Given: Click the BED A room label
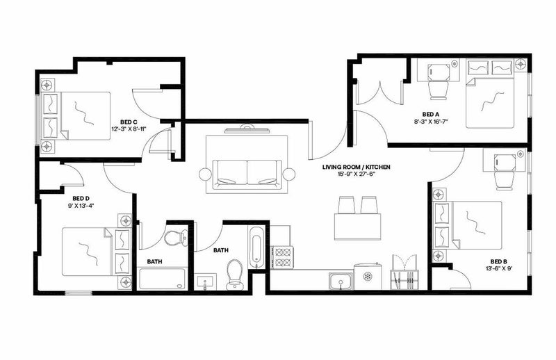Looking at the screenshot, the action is pyautogui.click(x=431, y=114).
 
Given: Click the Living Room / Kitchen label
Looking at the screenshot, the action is pyautogui.click(x=356, y=167).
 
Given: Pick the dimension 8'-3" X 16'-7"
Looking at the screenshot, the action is pyautogui.click(x=431, y=122).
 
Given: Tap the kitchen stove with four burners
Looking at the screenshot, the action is pyautogui.click(x=282, y=257).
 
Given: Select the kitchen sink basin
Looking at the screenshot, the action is pyautogui.click(x=341, y=281).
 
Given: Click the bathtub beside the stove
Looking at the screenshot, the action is pyautogui.click(x=256, y=248).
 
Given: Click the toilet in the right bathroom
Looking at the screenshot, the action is pyautogui.click(x=234, y=275).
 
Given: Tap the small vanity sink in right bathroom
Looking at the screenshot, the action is pyautogui.click(x=206, y=281).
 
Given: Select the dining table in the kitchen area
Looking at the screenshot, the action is pyautogui.click(x=357, y=227).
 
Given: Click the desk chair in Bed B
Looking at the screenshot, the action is pyautogui.click(x=505, y=180).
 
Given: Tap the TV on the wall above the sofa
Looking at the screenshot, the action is pyautogui.click(x=247, y=130).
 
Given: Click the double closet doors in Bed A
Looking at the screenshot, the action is pyautogui.click(x=379, y=93).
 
